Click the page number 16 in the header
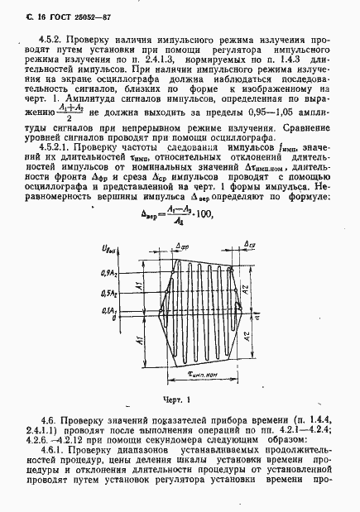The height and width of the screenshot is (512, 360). click(x=18, y=12)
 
